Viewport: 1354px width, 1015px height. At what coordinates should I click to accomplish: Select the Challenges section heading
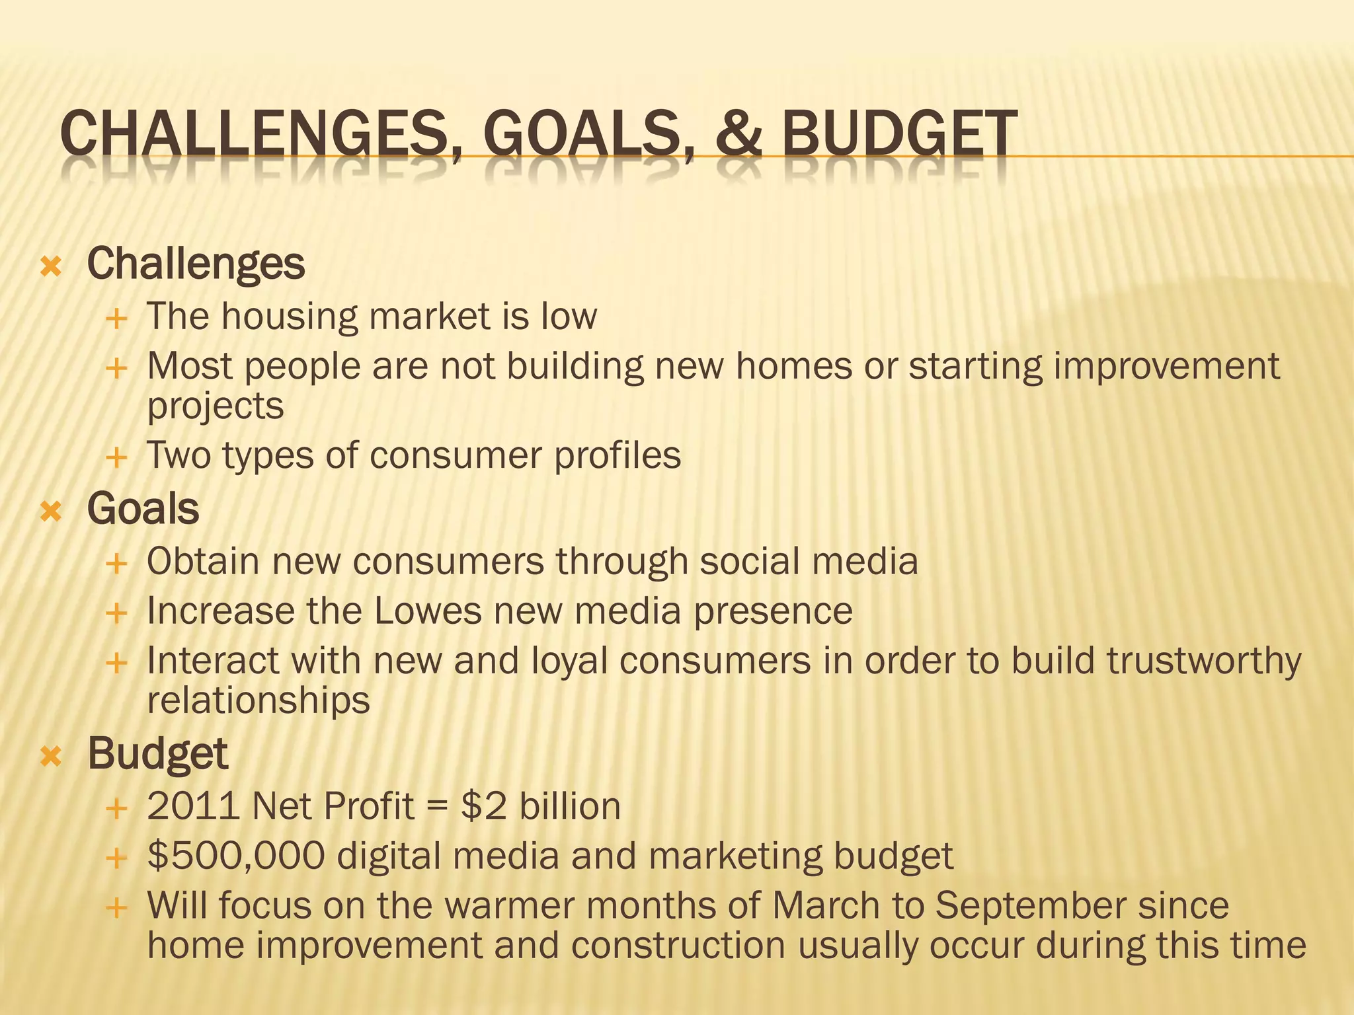(x=196, y=264)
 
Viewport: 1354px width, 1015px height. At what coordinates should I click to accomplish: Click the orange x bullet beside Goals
(x=51, y=511)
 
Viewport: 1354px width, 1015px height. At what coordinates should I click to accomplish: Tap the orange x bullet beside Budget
(x=51, y=756)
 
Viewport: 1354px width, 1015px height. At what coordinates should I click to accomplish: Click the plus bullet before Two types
(x=116, y=457)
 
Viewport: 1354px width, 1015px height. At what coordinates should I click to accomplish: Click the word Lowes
(x=428, y=611)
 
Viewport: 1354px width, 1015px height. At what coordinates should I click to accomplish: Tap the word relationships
(x=258, y=700)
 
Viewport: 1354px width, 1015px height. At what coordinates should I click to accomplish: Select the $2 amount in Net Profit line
(x=484, y=807)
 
